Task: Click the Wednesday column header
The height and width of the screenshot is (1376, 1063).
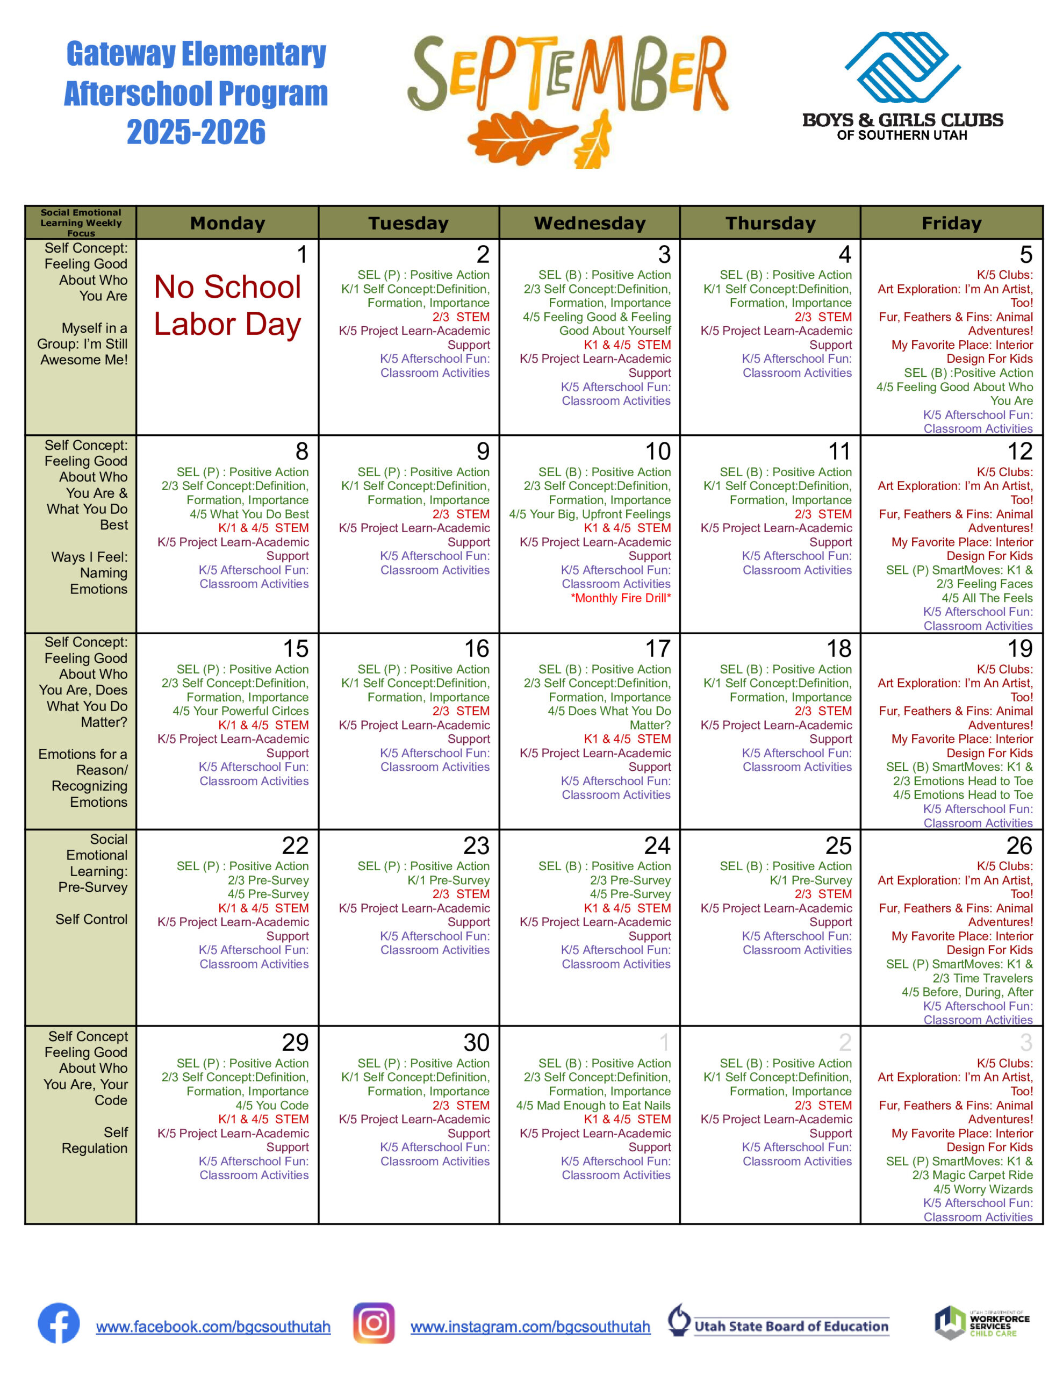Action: (589, 223)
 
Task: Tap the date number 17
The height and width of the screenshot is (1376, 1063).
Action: (657, 648)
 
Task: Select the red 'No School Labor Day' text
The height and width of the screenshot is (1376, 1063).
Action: (227, 305)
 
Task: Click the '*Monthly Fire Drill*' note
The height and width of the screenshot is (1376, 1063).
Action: (621, 598)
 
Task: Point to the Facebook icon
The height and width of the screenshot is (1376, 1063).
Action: (59, 1323)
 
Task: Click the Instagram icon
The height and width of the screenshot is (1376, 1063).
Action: (374, 1323)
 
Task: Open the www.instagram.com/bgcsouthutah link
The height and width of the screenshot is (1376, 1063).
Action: (530, 1327)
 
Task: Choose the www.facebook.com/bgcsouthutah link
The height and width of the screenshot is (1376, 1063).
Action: (213, 1327)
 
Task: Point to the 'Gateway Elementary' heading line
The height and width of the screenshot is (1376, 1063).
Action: (196, 54)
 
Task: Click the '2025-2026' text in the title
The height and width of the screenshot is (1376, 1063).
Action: (196, 132)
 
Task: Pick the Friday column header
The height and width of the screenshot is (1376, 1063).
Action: (951, 223)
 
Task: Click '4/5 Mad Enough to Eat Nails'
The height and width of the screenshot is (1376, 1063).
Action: (593, 1105)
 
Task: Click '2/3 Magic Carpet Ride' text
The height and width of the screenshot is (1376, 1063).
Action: (972, 1175)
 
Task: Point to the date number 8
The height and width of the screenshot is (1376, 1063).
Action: (302, 451)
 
